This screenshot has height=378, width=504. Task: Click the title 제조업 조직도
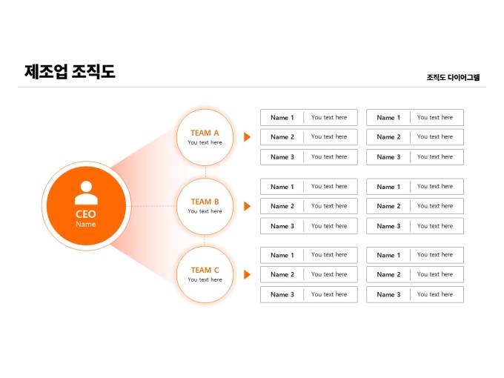[70, 72]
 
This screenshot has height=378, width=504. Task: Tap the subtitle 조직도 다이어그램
[453, 77]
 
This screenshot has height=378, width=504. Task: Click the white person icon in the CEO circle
[86, 193]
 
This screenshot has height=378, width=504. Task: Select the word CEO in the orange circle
[86, 214]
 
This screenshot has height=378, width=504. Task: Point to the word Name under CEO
[86, 224]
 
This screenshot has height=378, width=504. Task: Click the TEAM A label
[205, 133]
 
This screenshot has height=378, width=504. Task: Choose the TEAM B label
[205, 202]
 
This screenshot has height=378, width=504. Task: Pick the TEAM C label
[205, 270]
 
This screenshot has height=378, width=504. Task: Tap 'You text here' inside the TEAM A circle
[205, 142]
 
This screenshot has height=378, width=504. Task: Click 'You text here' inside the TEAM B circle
[205, 211]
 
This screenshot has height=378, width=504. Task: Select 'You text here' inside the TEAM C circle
[205, 279]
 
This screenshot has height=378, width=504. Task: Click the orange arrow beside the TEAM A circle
[248, 137]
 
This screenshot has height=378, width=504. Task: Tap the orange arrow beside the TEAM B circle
[248, 206]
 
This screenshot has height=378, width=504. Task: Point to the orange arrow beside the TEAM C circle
[248, 274]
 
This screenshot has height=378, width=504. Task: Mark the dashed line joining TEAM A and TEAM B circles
[205, 171]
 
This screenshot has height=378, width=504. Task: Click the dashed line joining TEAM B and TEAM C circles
[205, 240]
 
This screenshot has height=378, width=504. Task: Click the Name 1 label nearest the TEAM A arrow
[282, 118]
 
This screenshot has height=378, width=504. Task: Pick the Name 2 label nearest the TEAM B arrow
[282, 206]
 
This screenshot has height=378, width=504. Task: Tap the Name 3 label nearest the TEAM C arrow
[282, 294]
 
